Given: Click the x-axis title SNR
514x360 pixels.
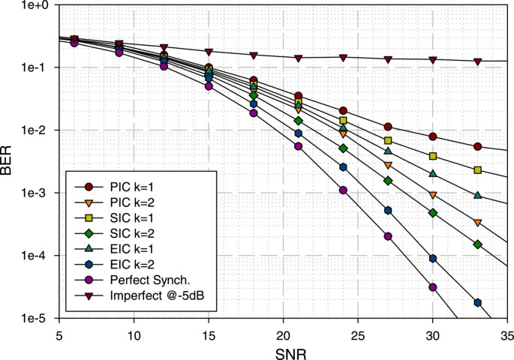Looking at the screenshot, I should tap(284, 351).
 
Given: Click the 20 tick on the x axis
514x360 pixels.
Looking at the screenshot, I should tap(284, 331).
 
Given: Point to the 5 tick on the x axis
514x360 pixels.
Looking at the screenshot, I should tap(59, 331).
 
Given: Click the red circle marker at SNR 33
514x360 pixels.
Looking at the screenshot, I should tap(478, 146).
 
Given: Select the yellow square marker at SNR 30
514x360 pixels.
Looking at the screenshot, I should tap(433, 156).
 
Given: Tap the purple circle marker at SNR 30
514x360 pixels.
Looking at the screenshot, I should tap(433, 287).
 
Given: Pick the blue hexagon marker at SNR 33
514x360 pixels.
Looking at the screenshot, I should tap(478, 302).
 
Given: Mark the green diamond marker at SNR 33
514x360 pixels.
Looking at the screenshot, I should tap(478, 244).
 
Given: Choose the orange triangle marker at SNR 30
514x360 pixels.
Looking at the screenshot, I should tap(433, 195).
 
